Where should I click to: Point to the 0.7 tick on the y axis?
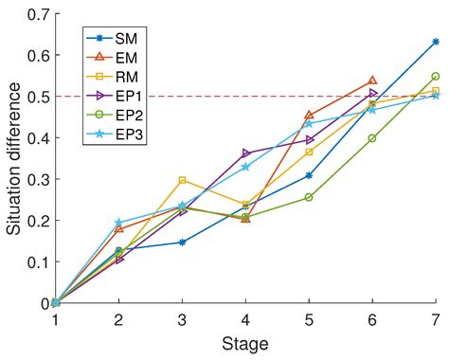click(37, 14)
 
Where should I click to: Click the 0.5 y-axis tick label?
click(37, 97)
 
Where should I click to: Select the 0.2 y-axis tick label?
click(37, 221)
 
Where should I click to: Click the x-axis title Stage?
click(245, 342)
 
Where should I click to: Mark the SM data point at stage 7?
click(436, 42)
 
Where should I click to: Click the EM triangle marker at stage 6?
click(372, 81)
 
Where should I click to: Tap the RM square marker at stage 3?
click(182, 180)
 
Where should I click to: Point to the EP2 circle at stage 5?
click(309, 197)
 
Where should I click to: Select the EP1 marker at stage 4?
click(245, 153)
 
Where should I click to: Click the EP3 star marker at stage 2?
click(119, 224)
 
